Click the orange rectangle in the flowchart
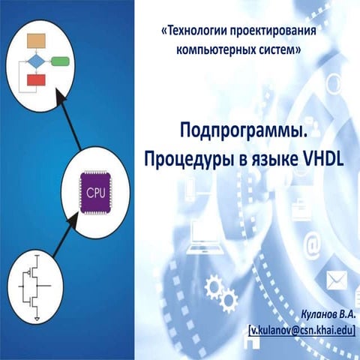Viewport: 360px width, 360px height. (x=36, y=40)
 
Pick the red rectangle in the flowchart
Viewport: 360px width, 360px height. (x=36, y=79)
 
